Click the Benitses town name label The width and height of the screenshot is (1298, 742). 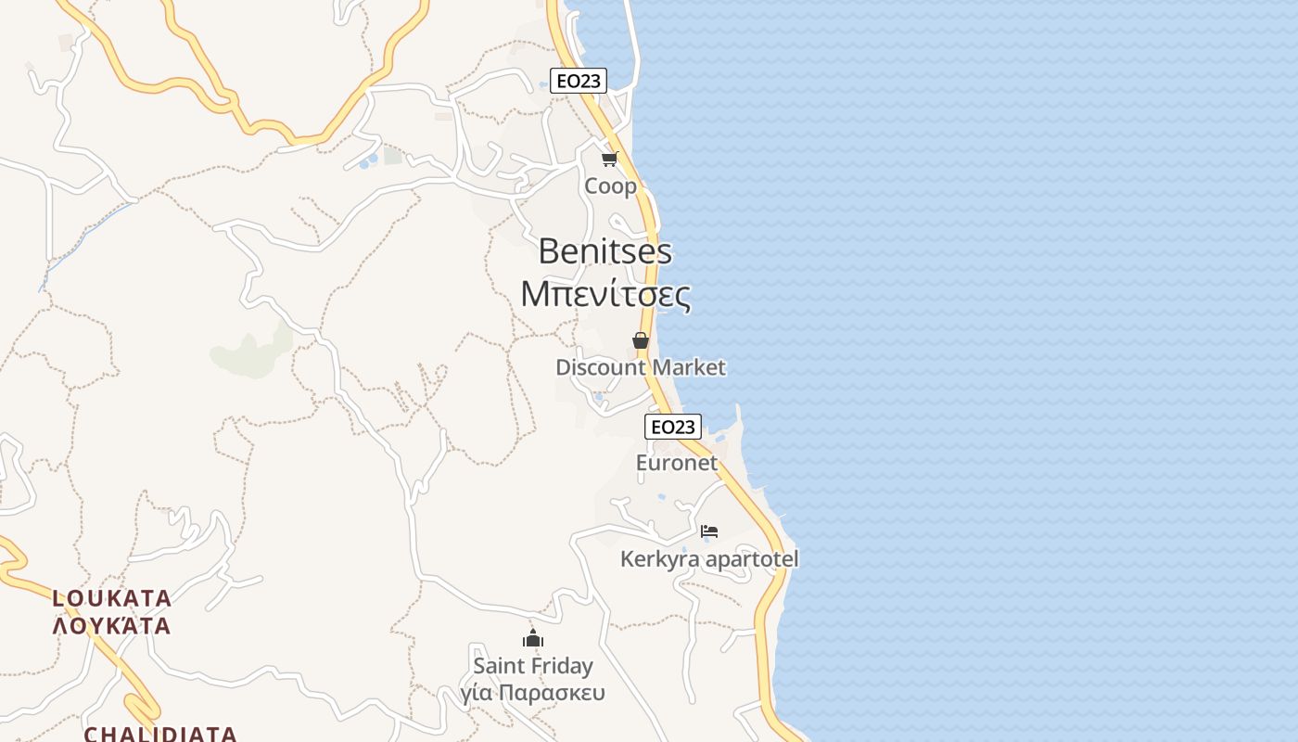click(604, 251)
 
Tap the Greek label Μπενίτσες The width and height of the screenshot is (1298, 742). click(604, 294)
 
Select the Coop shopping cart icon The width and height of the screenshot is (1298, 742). click(609, 159)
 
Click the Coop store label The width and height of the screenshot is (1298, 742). click(610, 186)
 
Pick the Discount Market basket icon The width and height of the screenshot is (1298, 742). click(640, 340)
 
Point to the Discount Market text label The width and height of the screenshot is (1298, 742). click(640, 367)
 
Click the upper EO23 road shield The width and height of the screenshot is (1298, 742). click(578, 81)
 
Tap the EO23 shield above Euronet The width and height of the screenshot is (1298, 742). click(672, 427)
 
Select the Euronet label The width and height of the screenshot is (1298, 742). click(677, 462)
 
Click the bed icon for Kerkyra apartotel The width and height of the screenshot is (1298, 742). click(709, 531)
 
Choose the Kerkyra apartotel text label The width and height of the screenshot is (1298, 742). click(709, 559)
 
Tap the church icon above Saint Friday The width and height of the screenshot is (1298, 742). click(532, 638)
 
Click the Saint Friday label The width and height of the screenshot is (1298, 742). click(533, 666)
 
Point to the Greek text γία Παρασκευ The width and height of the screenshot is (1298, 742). click(533, 693)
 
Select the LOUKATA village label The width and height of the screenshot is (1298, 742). click(112, 597)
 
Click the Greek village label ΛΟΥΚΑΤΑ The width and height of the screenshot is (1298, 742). click(112, 626)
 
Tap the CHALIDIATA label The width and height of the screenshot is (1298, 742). click(160, 734)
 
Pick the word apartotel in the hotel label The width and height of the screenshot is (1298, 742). click(752, 559)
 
